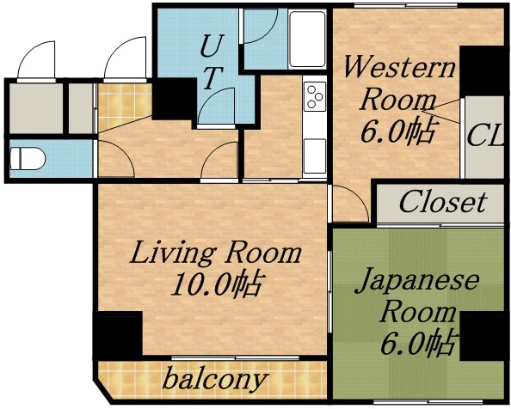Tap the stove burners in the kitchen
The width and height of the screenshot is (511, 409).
[314, 95]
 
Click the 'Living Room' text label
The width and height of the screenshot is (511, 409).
[216, 253]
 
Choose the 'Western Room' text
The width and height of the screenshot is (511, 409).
[398, 82]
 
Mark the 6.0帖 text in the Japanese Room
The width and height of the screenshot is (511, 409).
[418, 343]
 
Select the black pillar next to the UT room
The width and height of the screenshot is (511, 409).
[175, 98]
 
